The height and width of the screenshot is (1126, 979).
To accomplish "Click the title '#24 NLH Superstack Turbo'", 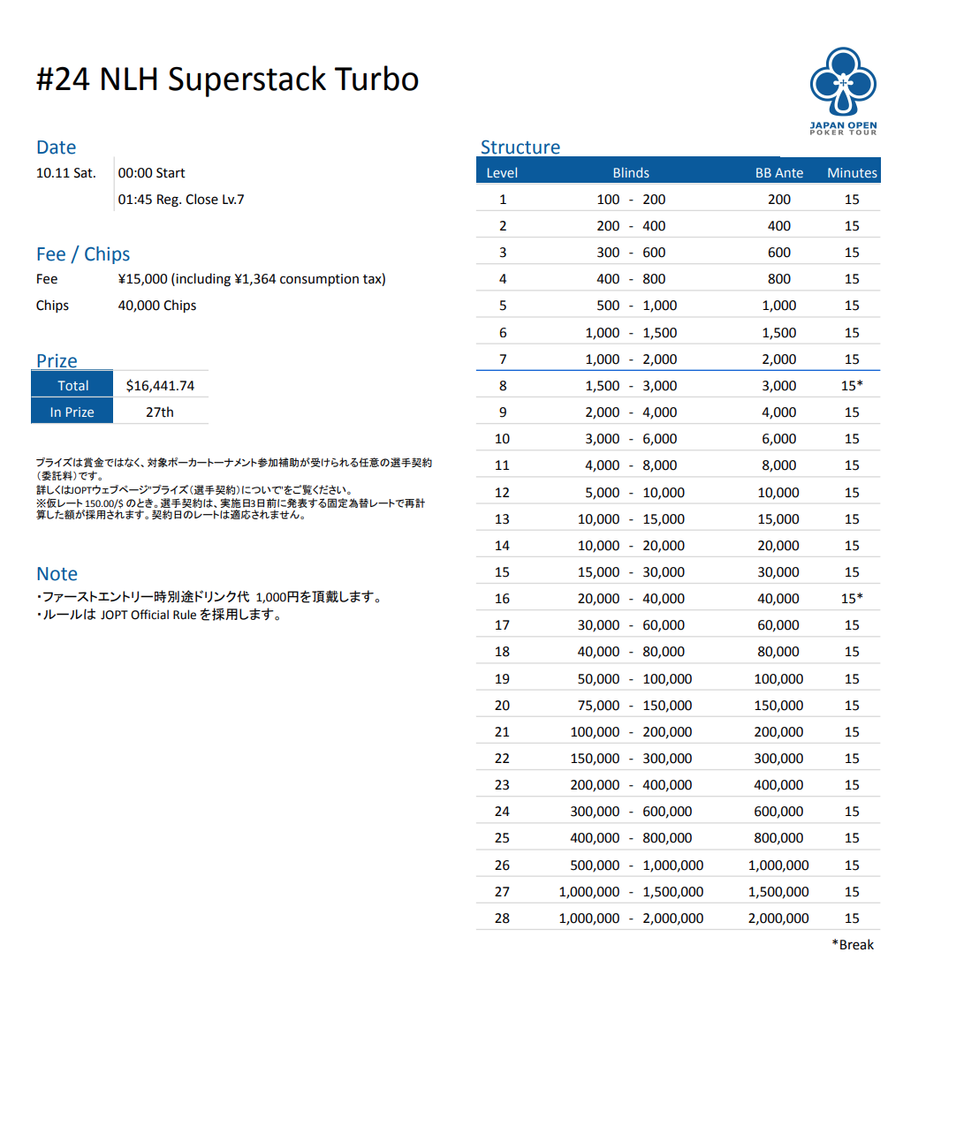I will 227,79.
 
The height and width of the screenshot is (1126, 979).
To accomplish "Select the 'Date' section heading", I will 56,147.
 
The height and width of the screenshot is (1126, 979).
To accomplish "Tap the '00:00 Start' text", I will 151,173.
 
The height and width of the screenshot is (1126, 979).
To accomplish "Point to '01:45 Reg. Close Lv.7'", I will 181,200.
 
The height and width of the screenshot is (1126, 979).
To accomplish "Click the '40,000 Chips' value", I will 157,306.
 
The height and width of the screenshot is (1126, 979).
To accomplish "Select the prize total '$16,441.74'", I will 160,386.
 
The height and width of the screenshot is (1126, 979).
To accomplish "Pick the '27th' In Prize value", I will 160,412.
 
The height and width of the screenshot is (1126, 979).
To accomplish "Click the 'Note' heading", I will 57,574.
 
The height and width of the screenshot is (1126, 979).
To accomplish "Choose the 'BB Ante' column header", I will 778,173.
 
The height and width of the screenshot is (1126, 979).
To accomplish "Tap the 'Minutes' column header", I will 852,173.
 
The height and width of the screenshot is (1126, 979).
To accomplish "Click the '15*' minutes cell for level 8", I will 852,386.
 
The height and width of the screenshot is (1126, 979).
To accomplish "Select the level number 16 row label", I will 502,599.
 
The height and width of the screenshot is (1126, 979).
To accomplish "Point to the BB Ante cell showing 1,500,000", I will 778,892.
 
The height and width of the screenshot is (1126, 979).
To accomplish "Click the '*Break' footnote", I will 852,945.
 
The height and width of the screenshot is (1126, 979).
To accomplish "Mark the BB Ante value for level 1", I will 778,200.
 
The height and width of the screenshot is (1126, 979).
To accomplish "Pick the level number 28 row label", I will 502,918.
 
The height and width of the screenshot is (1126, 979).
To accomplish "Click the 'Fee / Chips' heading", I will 83,254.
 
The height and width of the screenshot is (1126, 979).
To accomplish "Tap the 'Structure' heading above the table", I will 520,147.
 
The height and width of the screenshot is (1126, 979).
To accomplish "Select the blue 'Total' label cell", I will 72,386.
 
